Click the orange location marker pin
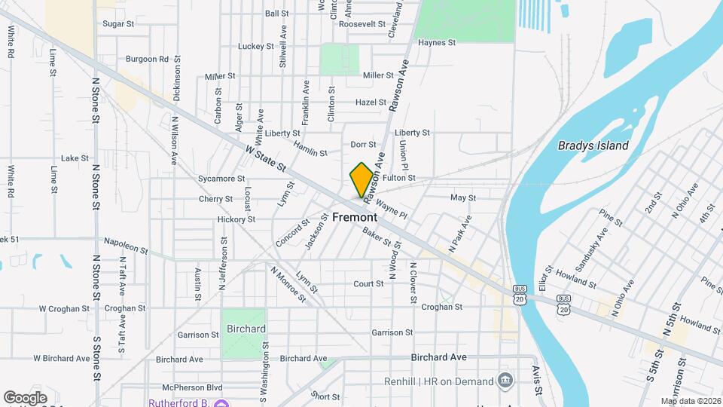tap(361, 179)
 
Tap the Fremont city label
tap(355, 217)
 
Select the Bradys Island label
tap(593, 146)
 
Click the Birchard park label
tap(246, 329)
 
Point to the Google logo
tap(25, 397)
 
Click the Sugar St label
tap(118, 24)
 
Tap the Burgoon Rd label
tap(147, 59)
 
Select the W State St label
tap(266, 158)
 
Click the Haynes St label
tap(437, 43)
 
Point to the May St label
tap(463, 198)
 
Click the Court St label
tap(369, 284)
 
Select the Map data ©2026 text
tap(691, 401)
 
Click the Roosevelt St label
tap(362, 24)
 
